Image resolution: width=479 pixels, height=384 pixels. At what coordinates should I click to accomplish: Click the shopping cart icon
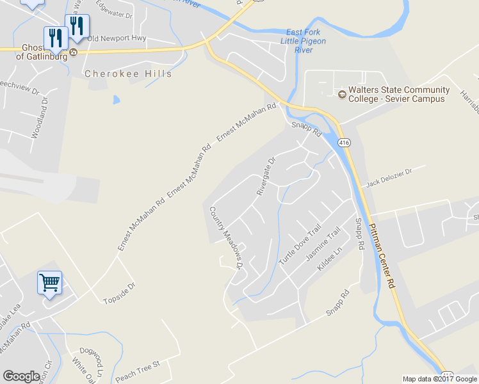[50, 282]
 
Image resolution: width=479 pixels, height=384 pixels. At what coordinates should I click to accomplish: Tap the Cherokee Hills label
[128, 74]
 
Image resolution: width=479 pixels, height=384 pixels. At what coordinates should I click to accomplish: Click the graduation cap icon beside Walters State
[342, 95]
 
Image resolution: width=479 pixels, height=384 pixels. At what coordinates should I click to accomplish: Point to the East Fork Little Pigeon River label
[304, 40]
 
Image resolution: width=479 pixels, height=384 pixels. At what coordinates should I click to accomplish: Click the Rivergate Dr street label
[266, 175]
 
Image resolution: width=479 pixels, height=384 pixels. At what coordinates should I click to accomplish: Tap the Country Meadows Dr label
[227, 237]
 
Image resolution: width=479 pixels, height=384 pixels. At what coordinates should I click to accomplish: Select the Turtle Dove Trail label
[300, 244]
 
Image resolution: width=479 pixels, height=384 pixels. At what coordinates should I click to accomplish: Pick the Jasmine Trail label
[323, 246]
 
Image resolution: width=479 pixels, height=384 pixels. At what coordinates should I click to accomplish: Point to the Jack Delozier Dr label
[396, 177]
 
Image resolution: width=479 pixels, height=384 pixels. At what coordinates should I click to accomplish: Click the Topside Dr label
[119, 293]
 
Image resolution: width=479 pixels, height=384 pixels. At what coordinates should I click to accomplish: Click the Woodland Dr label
[40, 118]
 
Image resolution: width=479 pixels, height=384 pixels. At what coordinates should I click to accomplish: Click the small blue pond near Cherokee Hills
[116, 100]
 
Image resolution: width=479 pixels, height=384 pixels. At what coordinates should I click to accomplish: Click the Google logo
[21, 376]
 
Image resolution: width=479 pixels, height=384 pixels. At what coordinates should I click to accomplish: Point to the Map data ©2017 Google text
[439, 379]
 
